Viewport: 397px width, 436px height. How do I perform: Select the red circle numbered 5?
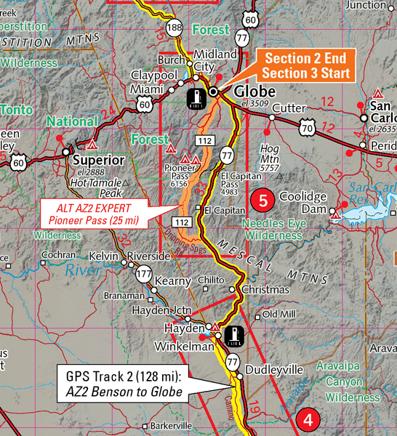[262, 198]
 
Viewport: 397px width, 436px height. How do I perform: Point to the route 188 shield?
[174, 28]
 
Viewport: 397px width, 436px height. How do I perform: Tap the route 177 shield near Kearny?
[143, 273]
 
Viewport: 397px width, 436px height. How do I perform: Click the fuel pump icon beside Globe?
[195, 97]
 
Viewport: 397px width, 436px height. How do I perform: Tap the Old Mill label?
[279, 314]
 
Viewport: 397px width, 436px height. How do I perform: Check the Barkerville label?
[171, 425]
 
